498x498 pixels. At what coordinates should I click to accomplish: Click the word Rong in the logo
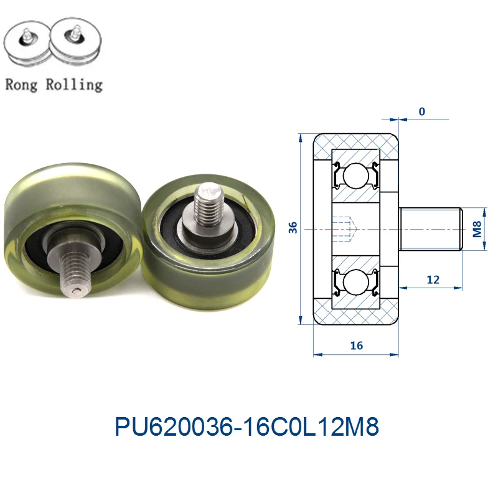coord(22,84)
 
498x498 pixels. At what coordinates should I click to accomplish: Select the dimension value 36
coord(293,228)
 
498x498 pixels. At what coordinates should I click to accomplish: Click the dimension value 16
coord(356,345)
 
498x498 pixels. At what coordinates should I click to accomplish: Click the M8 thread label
coord(477,229)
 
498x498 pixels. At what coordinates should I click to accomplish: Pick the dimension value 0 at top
coord(422,112)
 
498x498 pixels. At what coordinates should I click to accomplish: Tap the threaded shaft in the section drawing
coord(430,229)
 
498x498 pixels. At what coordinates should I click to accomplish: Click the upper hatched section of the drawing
coord(355,143)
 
